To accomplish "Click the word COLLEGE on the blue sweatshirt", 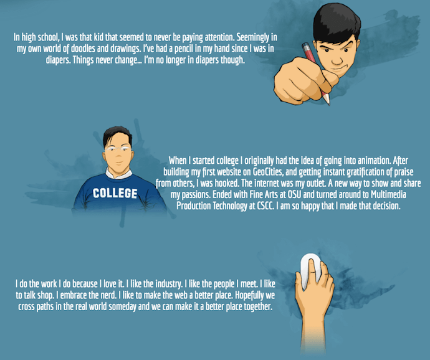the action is [x=115, y=193].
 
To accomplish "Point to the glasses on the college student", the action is [x=118, y=149].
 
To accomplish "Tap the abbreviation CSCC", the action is [x=265, y=206].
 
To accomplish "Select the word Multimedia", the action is [x=388, y=194].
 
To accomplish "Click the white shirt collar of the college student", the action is [x=119, y=174].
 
